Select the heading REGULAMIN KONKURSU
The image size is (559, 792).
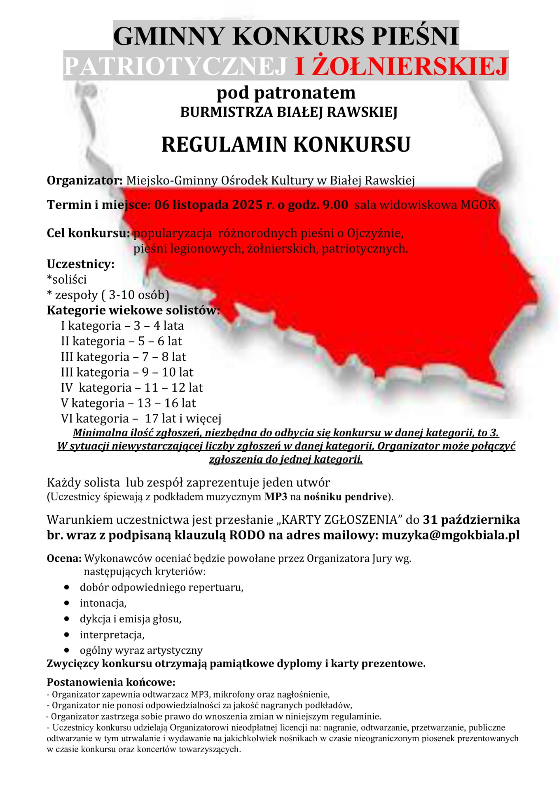tap(286, 144)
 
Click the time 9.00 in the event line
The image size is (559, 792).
tap(335, 205)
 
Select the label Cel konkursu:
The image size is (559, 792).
tap(88, 233)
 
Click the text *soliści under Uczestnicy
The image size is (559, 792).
tap(67, 280)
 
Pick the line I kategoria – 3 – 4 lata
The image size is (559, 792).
tap(122, 326)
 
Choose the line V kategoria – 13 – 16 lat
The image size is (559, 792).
tap(128, 403)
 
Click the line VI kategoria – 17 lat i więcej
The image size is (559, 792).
tap(141, 419)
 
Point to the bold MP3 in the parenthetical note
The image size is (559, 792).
tap(276, 496)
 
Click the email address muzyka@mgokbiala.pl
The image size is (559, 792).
tap(450, 535)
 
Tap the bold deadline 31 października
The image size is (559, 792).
tap(471, 519)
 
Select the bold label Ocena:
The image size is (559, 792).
tap(64, 559)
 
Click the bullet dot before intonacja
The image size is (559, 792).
tap(67, 603)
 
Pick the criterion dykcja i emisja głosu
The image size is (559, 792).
tap(131, 619)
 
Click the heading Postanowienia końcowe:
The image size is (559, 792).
tap(111, 682)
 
